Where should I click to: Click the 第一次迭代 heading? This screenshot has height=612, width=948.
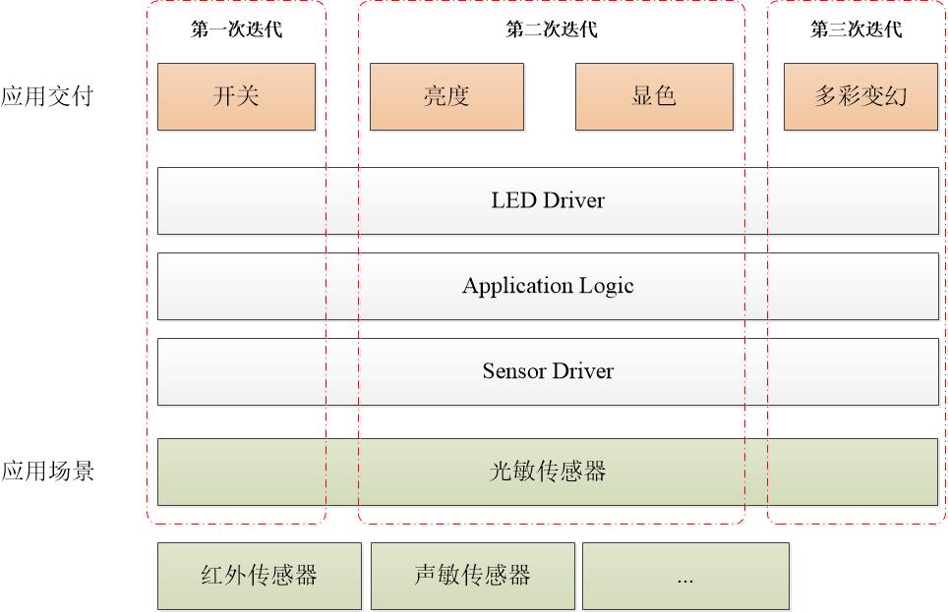236,29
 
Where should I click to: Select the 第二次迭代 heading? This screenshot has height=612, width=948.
552,29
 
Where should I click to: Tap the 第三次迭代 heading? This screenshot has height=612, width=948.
857,29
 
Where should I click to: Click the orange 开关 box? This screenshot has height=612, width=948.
236,96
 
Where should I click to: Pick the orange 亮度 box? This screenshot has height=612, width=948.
446,96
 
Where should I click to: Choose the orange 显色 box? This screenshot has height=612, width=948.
654,96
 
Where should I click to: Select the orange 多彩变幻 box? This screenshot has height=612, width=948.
860,96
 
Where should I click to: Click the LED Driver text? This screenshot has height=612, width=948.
548,200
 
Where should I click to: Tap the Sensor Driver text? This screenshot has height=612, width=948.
548,371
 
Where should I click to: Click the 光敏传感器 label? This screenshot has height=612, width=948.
548,472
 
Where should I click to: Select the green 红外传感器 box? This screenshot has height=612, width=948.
260,576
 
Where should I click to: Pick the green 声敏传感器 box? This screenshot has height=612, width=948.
473,576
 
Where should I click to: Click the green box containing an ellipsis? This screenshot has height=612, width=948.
685,576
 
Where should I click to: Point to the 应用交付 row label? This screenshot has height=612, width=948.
47,96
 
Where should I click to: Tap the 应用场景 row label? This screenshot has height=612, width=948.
47,471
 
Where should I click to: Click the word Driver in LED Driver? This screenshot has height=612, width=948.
573,200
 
